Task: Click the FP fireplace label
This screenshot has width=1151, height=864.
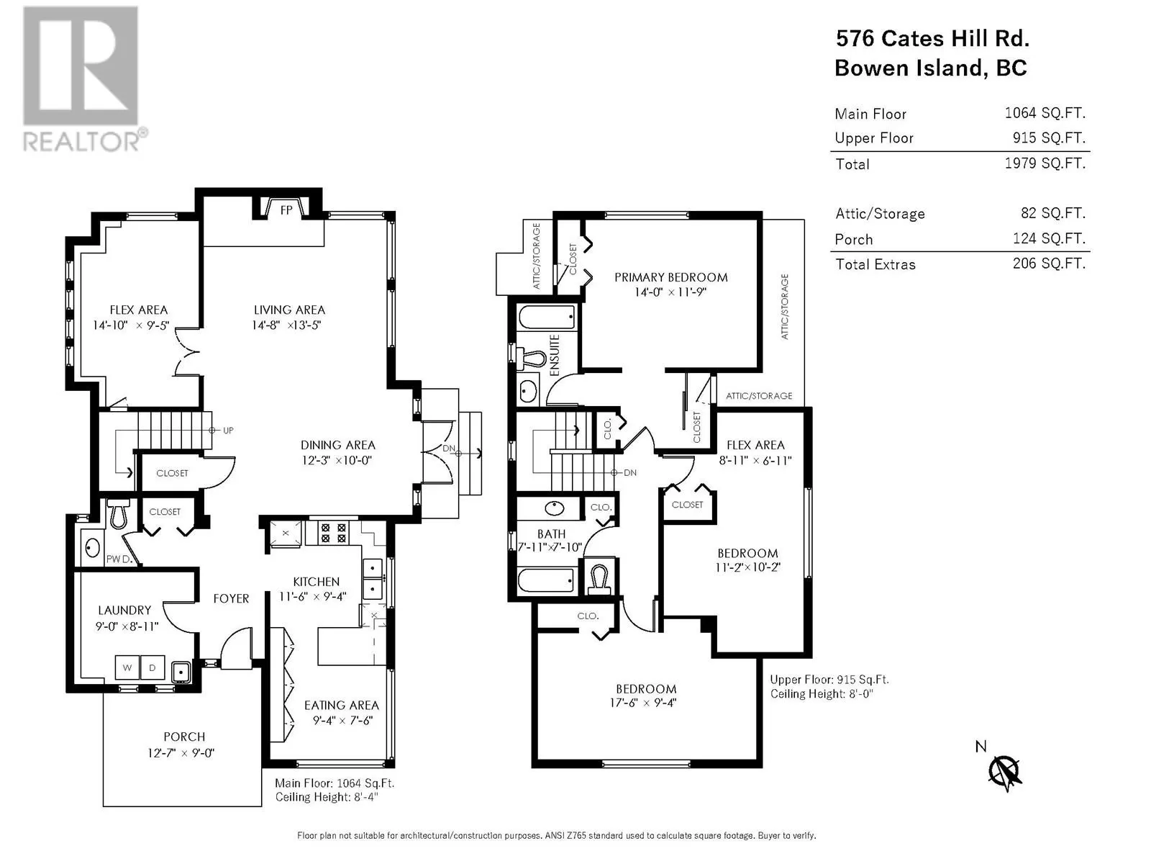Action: pos(286,210)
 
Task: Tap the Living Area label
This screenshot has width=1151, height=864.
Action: pos(289,310)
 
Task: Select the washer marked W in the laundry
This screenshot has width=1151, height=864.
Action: pos(127,667)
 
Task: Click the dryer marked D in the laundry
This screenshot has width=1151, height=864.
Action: pos(153,667)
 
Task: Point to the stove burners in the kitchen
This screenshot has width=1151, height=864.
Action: pos(334,533)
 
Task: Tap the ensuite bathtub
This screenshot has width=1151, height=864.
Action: pos(547,317)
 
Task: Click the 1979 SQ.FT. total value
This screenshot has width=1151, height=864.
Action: pos(1045,163)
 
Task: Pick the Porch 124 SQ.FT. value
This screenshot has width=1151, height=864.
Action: pos(1049,239)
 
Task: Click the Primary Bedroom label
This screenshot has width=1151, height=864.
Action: pos(670,277)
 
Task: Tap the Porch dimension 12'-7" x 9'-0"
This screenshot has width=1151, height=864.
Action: pos(181,753)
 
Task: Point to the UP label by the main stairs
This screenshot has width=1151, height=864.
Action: pos(228,430)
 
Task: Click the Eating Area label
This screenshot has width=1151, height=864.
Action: pos(342,705)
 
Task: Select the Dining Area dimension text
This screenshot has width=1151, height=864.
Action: pos(337,460)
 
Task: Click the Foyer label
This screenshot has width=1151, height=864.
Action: pos(231,598)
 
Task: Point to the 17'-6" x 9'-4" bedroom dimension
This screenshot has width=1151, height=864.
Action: pos(643,703)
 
